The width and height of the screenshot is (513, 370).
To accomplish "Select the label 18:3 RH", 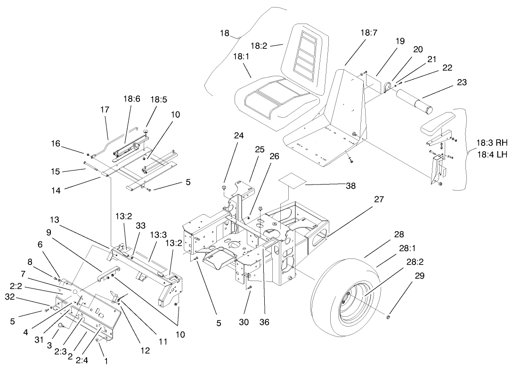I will point(491,142).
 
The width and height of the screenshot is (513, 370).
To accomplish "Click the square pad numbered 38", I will point(291,179).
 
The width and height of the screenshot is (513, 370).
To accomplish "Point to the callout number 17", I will point(105,110).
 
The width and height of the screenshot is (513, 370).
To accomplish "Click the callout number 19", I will point(400,41).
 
